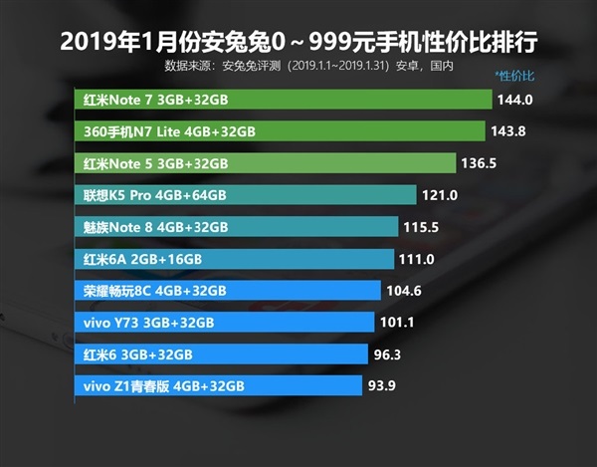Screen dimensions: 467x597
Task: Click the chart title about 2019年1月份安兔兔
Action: [x=298, y=42]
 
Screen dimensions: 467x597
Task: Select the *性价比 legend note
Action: [x=514, y=77]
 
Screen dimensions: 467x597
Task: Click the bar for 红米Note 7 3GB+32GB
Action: [x=284, y=100]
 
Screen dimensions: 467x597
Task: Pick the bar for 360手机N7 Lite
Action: [x=280, y=131]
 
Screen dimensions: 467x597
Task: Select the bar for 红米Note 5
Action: [x=265, y=163]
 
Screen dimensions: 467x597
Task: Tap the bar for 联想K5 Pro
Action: [x=245, y=195]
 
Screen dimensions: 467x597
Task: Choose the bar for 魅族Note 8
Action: [x=237, y=227]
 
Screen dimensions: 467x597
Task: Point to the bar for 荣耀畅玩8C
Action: [x=228, y=291]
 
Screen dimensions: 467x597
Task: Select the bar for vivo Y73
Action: [x=225, y=322]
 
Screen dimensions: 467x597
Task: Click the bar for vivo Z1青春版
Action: [x=218, y=385]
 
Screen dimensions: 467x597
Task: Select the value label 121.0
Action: [x=440, y=195]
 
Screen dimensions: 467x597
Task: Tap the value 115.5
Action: [x=422, y=227]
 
